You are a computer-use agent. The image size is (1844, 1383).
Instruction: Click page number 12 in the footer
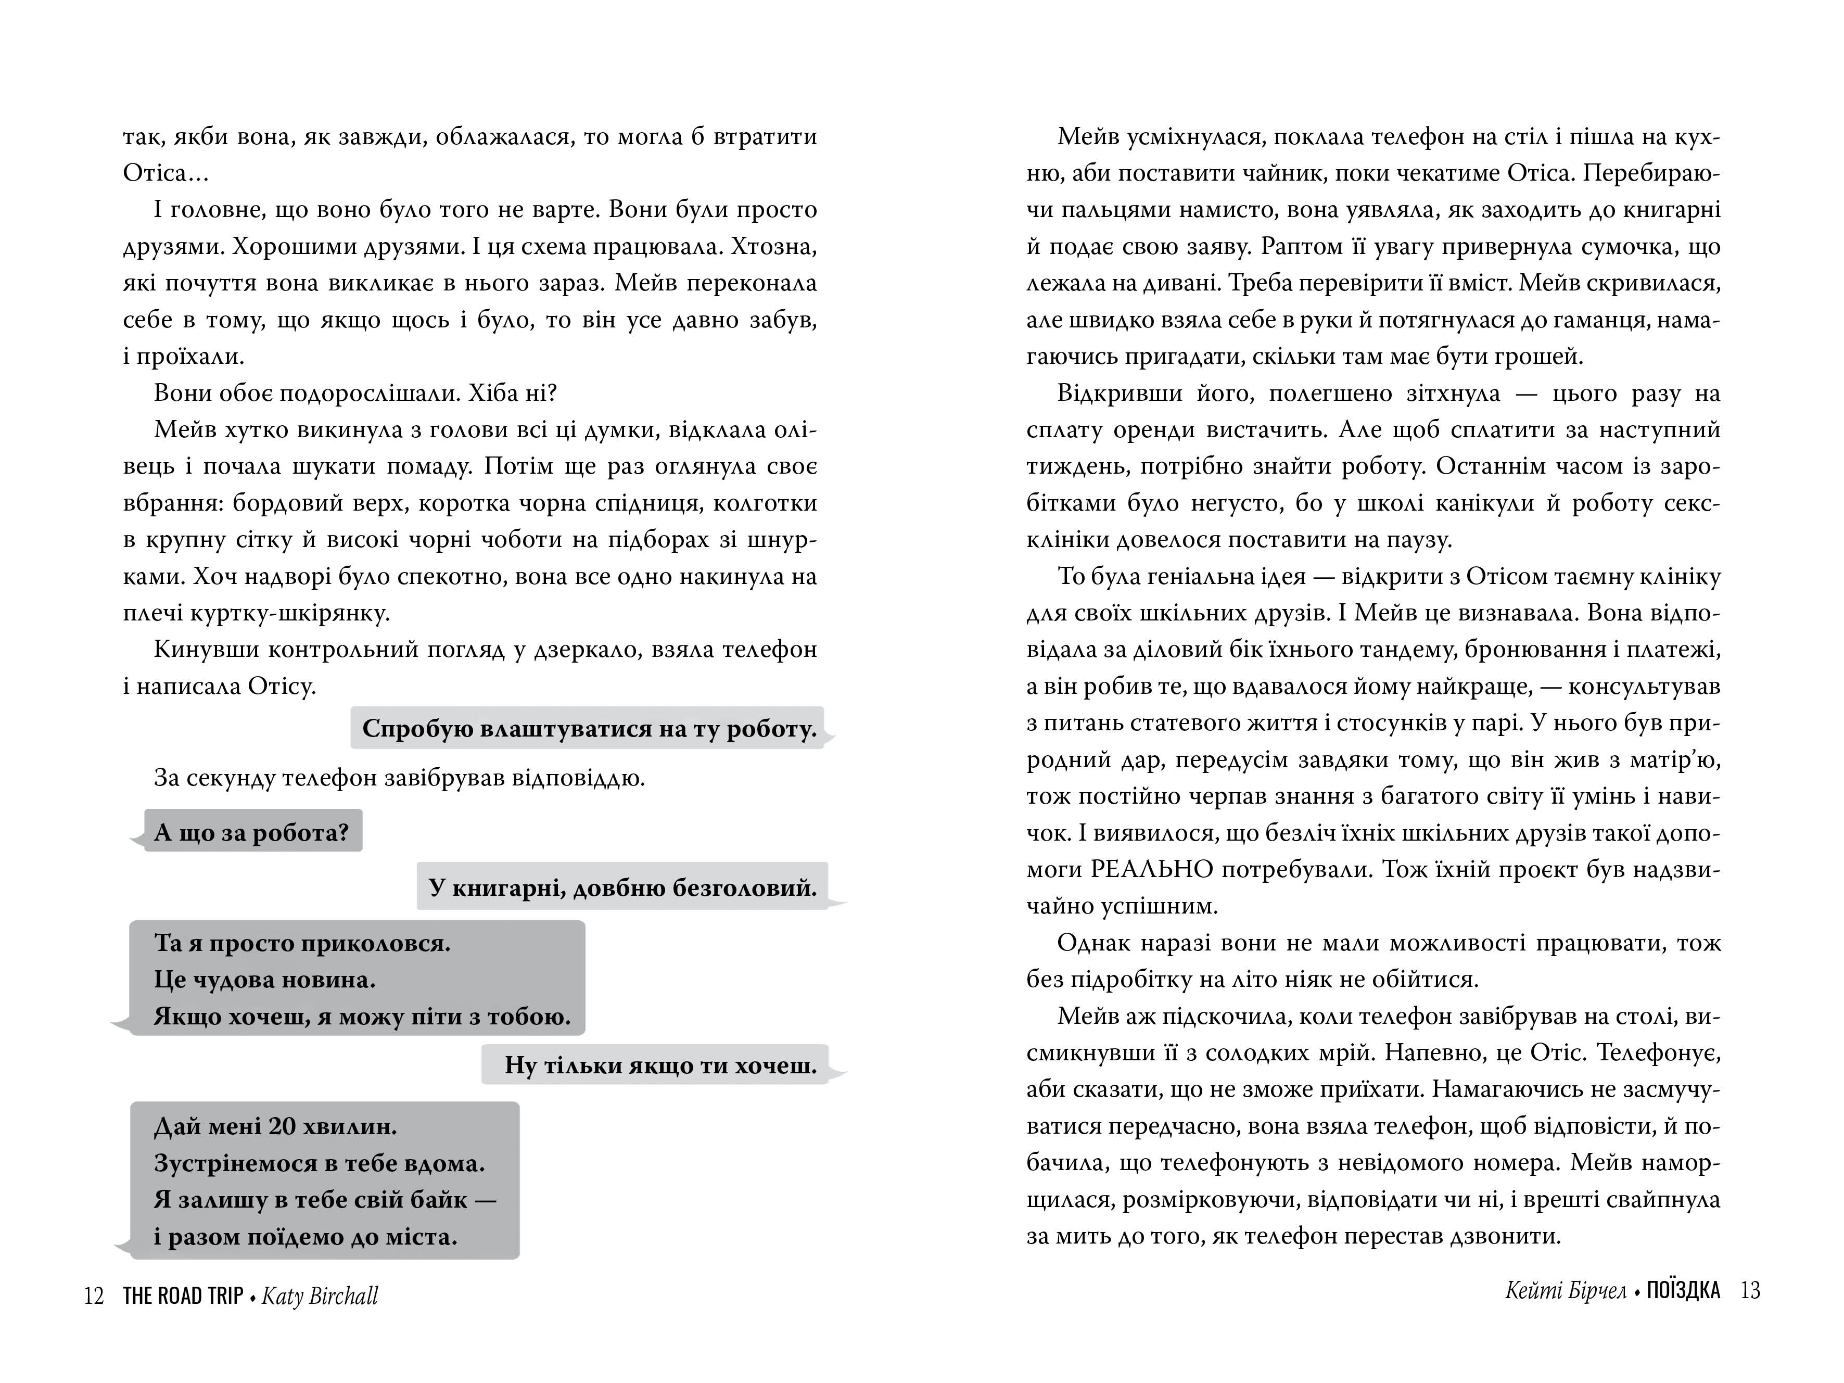click(93, 1296)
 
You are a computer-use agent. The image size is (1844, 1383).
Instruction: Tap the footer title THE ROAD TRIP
click(183, 1296)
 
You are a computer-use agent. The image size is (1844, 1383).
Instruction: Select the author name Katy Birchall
click(320, 1296)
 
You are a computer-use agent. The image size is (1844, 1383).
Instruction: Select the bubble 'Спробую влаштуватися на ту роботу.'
click(589, 729)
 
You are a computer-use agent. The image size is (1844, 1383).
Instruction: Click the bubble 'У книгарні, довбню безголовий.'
click(622, 887)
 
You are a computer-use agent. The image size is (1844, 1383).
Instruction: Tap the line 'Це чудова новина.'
click(265, 980)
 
